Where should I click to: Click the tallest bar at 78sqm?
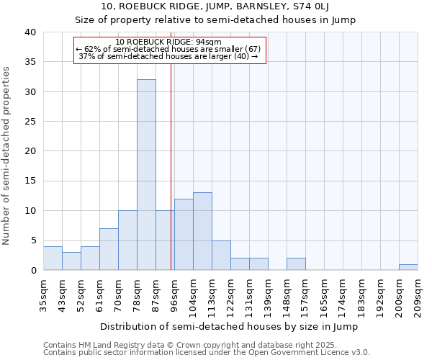point(146,175)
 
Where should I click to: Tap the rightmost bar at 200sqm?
point(408,267)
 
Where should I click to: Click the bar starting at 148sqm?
point(296,264)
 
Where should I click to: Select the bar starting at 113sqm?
point(221,256)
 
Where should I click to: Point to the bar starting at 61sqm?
point(109,249)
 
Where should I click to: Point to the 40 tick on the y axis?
point(30,32)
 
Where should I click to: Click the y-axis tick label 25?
point(30,122)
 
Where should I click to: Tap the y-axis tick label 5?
point(33,240)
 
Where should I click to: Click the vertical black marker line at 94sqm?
point(171,180)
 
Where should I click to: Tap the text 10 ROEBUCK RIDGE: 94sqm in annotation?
point(170,42)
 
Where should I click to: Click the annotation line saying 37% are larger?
point(170,56)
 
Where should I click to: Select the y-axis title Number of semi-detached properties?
point(6,156)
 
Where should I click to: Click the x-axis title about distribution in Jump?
point(229,326)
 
